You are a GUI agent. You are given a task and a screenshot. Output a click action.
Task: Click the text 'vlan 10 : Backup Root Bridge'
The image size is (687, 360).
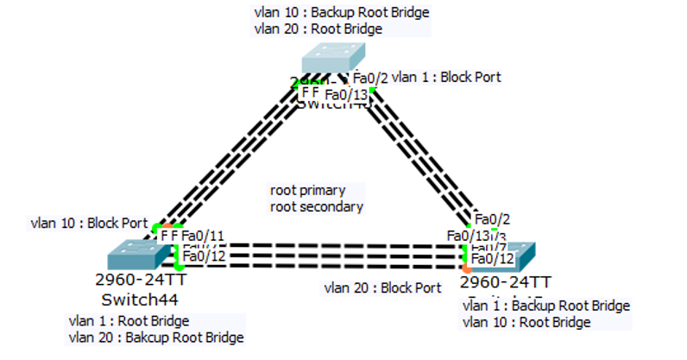pos(342,13)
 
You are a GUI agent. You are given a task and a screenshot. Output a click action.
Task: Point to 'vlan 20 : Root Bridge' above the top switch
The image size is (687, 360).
pos(318,28)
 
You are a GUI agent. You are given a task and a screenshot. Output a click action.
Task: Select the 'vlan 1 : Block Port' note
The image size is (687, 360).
pos(446,77)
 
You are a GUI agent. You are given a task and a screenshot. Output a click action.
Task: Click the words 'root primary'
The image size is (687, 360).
pos(307,190)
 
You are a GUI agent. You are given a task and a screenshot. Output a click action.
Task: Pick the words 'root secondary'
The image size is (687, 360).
pos(317,206)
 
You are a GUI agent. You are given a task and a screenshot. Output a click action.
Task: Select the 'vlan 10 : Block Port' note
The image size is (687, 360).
pos(88,222)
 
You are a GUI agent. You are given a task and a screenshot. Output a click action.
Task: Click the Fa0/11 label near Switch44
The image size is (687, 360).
pos(204,235)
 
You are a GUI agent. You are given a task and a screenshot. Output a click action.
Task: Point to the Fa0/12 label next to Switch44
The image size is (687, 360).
pos(204,256)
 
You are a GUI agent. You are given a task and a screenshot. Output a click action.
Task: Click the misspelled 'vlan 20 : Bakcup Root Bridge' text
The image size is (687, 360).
pos(155,338)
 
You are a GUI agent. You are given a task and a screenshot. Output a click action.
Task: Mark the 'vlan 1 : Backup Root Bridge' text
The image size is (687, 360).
pos(546,306)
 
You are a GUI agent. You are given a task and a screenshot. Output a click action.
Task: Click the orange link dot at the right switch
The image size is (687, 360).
pos(467,268)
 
